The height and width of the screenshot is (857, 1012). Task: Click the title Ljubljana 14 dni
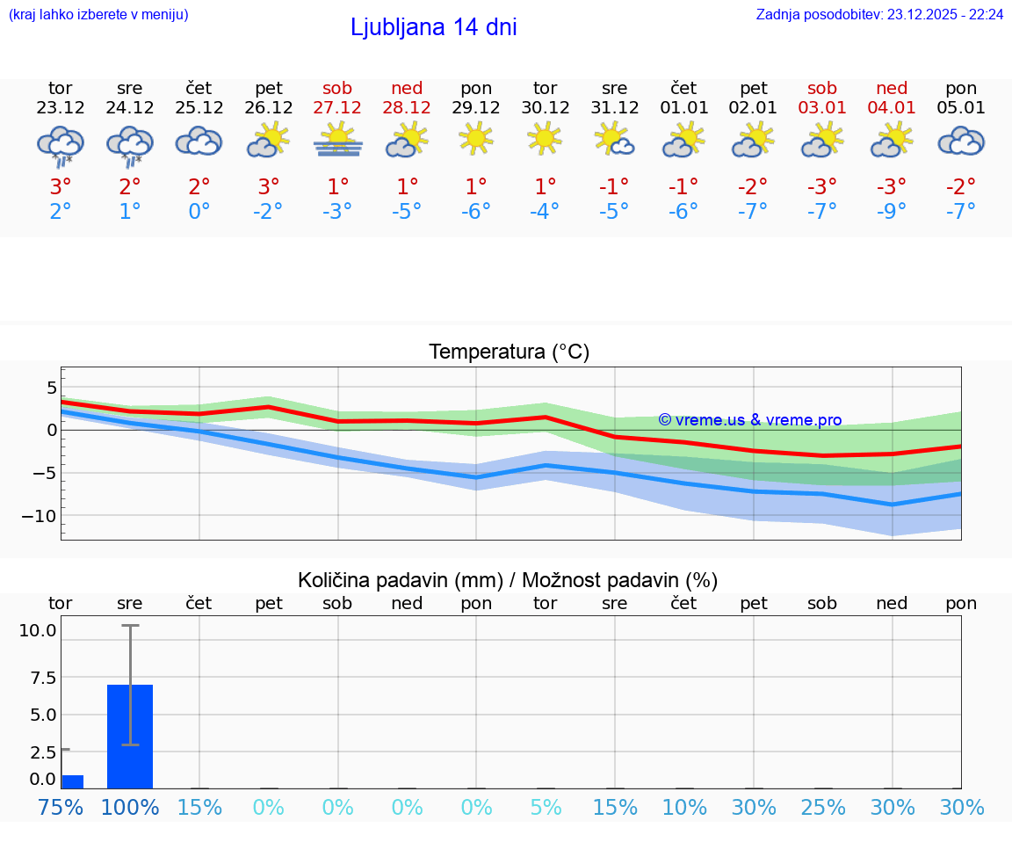(433, 27)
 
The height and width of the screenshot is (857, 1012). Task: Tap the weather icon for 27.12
(338, 142)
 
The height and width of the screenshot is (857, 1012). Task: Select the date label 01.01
(683, 108)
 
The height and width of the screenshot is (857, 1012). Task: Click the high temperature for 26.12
(269, 187)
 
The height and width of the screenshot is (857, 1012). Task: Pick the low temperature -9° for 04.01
(892, 211)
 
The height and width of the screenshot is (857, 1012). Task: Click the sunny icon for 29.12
(476, 139)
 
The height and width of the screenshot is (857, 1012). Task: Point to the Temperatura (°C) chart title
(509, 352)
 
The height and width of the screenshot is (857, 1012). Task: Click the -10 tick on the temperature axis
(39, 515)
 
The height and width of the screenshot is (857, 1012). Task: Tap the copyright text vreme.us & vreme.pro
(749, 420)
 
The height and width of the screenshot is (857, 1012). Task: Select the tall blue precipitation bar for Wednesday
(130, 736)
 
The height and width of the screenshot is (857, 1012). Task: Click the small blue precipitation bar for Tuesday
(72, 781)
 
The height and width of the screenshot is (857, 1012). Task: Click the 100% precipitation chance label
(130, 807)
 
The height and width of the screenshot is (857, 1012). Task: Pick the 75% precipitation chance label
(61, 807)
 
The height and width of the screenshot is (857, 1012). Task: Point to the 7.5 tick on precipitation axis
(43, 677)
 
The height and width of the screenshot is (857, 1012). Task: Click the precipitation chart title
(507, 580)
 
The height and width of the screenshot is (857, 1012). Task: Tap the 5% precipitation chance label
(546, 807)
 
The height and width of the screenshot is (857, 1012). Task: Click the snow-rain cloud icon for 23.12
(61, 144)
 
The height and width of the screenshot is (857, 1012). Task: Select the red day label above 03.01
(822, 89)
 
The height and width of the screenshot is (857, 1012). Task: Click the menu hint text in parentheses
(98, 14)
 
